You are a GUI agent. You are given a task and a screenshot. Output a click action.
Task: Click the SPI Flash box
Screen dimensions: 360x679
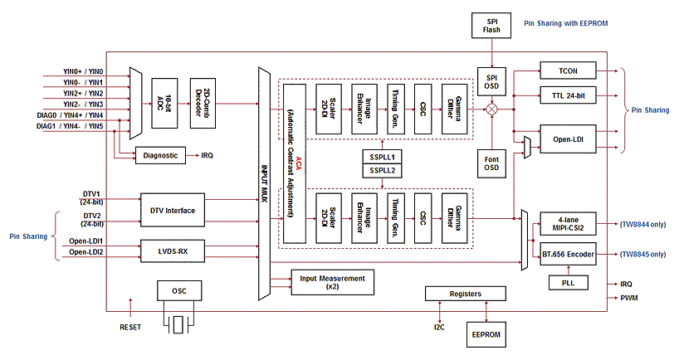[x=492, y=24]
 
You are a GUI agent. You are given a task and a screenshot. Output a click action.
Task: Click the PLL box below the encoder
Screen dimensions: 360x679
[x=567, y=283]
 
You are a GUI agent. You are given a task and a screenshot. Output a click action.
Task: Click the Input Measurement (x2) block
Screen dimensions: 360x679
[x=332, y=282]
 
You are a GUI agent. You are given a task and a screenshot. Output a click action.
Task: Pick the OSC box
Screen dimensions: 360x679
[x=178, y=291]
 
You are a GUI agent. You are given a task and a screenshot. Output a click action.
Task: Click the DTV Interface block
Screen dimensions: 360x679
[x=173, y=211]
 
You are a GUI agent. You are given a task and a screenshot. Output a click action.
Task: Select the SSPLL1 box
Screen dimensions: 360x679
[x=383, y=157]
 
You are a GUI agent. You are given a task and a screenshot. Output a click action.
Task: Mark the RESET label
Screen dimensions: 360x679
[x=130, y=326]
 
